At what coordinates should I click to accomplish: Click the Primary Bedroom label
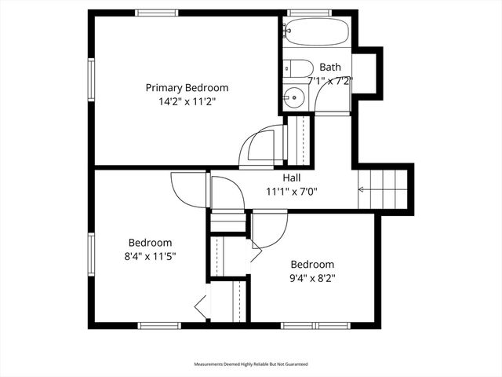pyautogui.click(x=187, y=88)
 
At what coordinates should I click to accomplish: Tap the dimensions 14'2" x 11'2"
pyautogui.click(x=187, y=101)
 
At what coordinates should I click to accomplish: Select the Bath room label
pyautogui.click(x=330, y=68)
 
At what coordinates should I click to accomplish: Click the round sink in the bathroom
pyautogui.click(x=293, y=97)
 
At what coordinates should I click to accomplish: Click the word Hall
pyautogui.click(x=291, y=178)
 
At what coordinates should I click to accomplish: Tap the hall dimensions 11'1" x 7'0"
pyautogui.click(x=291, y=191)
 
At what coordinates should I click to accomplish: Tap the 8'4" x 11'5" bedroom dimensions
pyautogui.click(x=150, y=256)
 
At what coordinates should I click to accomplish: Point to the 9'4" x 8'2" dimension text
pyautogui.click(x=312, y=277)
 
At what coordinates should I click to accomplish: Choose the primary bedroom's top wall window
pyautogui.click(x=157, y=13)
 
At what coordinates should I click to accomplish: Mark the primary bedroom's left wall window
pyautogui.click(x=91, y=78)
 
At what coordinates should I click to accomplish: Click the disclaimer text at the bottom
pyautogui.click(x=251, y=364)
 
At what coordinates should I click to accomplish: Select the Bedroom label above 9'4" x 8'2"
pyautogui.click(x=312, y=265)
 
